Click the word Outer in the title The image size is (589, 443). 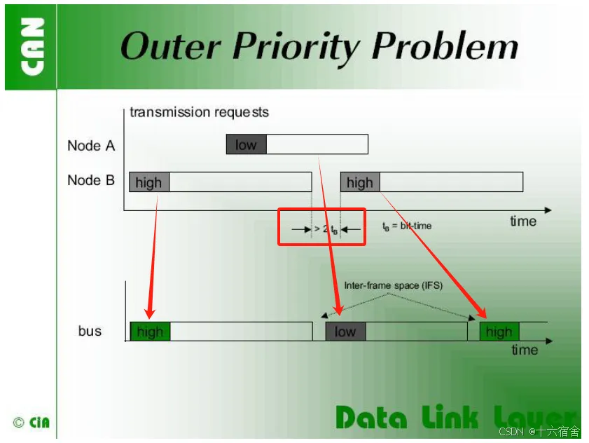(x=171, y=47)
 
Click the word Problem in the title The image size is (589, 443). (x=445, y=47)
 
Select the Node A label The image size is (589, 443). (x=91, y=146)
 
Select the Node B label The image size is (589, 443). (x=91, y=180)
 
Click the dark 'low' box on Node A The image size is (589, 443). (x=246, y=145)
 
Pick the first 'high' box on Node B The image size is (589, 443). (x=148, y=182)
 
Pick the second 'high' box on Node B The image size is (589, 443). (x=360, y=182)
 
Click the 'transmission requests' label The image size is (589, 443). (x=199, y=112)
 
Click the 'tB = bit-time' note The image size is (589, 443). (x=407, y=226)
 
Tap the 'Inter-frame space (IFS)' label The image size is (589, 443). (x=393, y=285)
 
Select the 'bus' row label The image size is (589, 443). (x=90, y=331)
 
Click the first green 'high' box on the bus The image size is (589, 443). (x=150, y=332)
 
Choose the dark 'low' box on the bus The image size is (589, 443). (x=345, y=332)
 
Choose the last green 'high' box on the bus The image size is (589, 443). (x=499, y=332)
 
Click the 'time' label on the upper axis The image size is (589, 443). (x=523, y=221)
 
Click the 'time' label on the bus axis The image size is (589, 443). (x=525, y=350)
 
